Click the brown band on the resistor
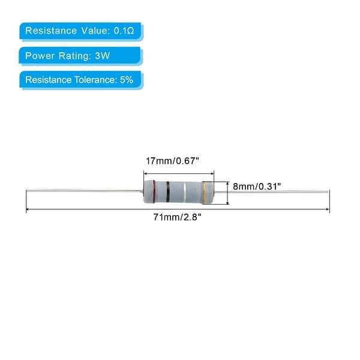point(156,193)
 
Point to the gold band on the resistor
point(205,193)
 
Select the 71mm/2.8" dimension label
point(178,217)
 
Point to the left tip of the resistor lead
point(27,191)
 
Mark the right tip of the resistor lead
point(329,192)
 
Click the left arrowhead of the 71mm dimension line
point(28,209)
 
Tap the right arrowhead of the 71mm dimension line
point(328,209)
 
